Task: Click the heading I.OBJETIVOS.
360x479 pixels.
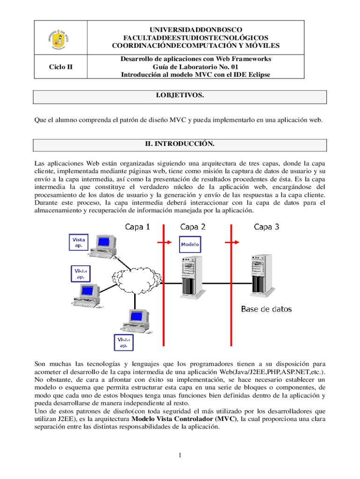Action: point(180,95)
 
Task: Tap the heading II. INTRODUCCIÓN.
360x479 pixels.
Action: point(180,144)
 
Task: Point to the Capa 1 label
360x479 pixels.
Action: point(137,227)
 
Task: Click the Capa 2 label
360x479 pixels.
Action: point(193,227)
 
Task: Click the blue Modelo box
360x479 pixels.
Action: point(190,244)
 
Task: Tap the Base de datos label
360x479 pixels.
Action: point(266,309)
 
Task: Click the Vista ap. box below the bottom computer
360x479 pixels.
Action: point(124,342)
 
